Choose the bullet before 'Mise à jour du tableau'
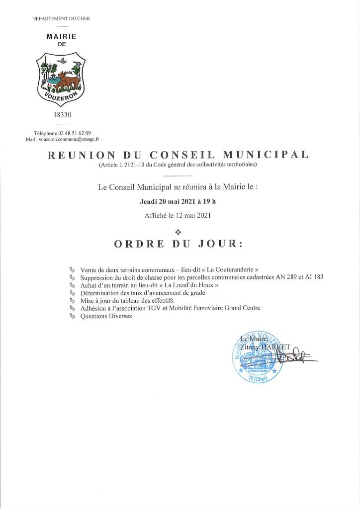point(73,301)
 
